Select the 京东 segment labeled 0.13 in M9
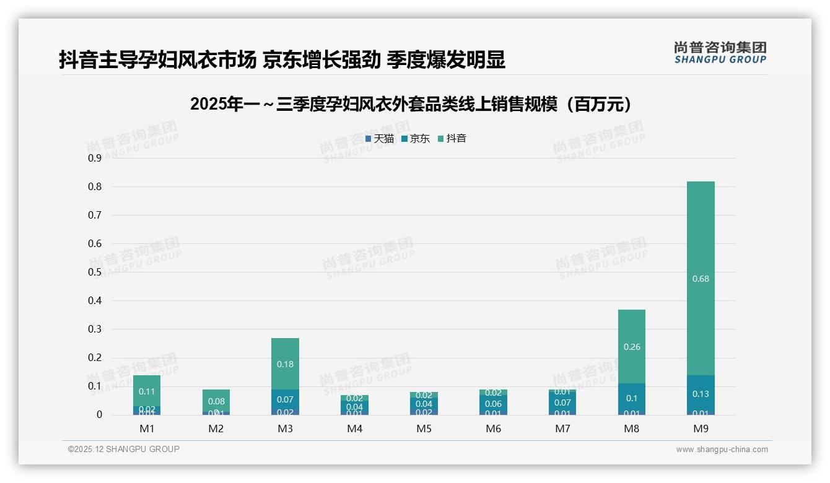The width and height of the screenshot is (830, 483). click(701, 394)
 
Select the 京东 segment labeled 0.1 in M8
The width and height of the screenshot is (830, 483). click(631, 398)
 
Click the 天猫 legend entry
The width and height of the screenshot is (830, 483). click(380, 139)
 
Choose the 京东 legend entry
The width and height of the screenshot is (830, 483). click(416, 139)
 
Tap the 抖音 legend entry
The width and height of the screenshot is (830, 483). click(452, 139)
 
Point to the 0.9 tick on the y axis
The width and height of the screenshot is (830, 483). click(95, 159)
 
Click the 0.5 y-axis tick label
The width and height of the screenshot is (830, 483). click(95, 272)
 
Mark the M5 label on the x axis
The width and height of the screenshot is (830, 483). click(424, 429)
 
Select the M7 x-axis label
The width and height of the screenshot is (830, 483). click(562, 429)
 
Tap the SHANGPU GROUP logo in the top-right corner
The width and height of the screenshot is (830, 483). click(720, 53)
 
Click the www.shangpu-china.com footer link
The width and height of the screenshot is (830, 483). click(722, 450)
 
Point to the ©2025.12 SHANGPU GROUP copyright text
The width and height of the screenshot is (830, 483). click(124, 450)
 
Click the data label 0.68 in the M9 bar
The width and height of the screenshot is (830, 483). click(701, 279)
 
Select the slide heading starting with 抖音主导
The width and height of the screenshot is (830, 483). click(282, 59)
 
